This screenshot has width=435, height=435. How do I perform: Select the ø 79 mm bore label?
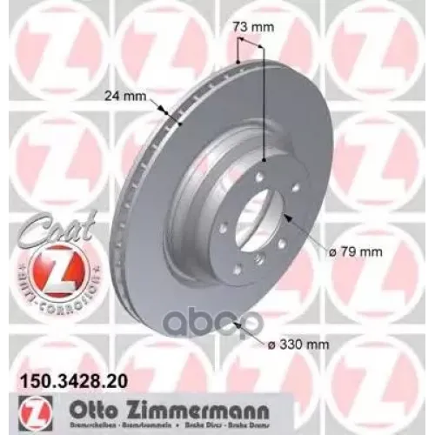[354, 252]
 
